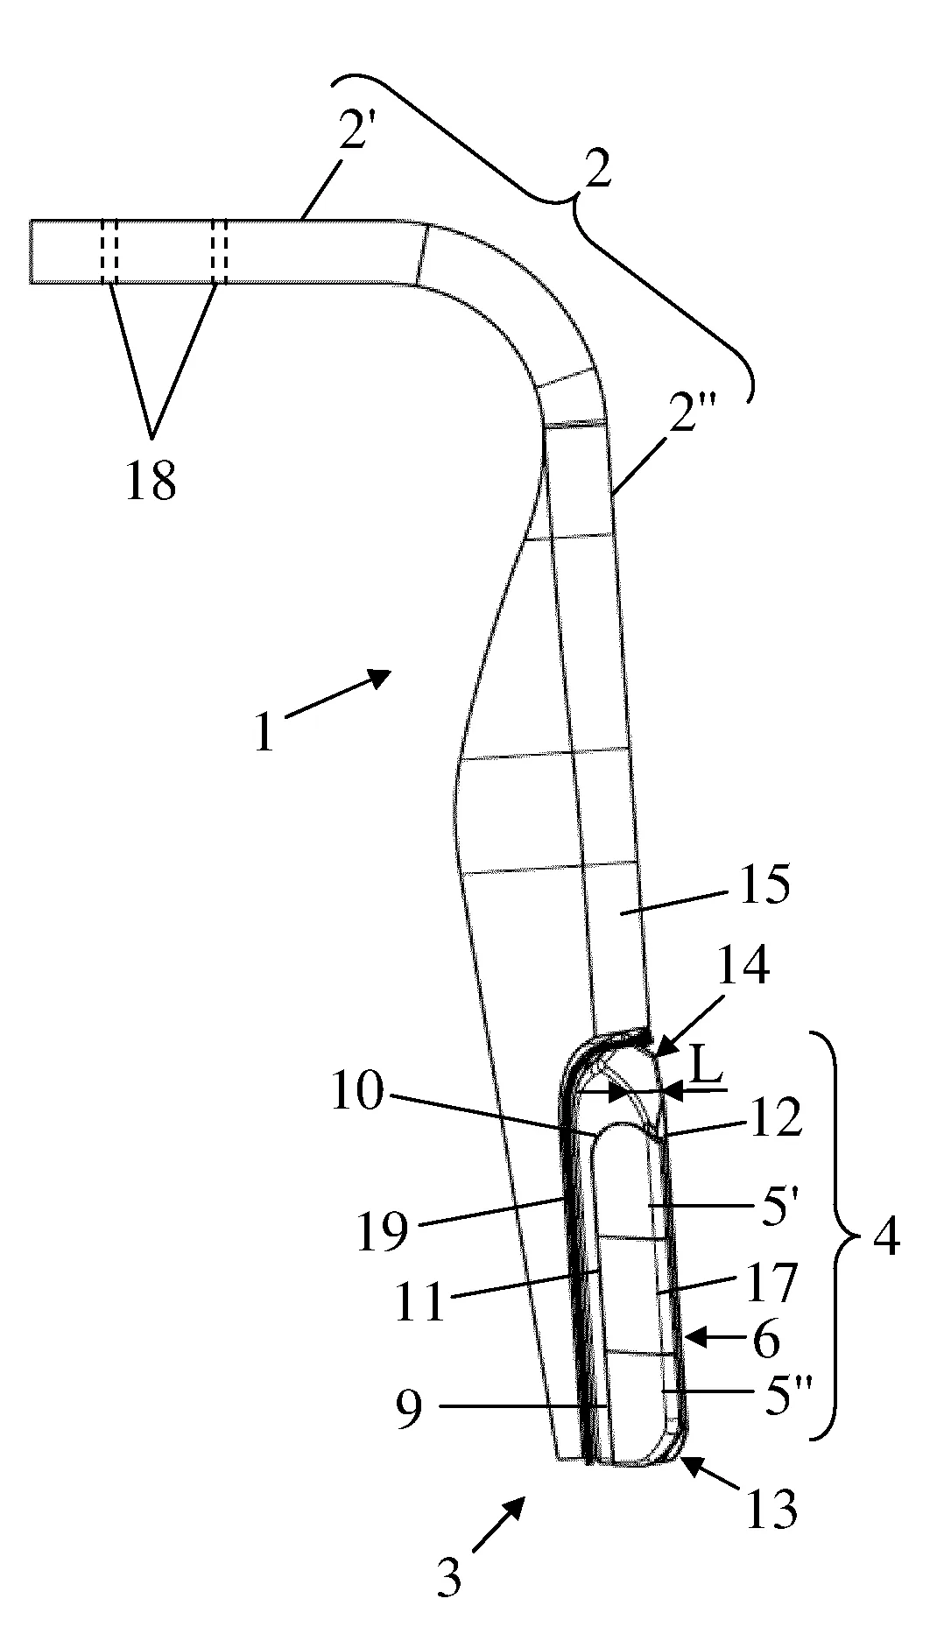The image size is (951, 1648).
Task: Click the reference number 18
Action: (x=151, y=480)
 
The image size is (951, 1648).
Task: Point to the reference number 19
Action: (x=382, y=1232)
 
